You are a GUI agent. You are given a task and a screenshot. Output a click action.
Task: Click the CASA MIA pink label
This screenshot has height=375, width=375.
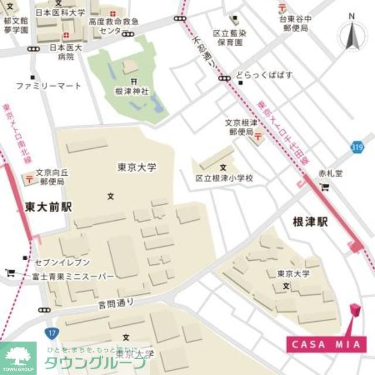coord(326,345)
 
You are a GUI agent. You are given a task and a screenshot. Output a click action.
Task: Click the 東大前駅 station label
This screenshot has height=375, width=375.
coord(48,207)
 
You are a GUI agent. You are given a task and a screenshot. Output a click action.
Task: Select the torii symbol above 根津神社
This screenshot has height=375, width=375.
coord(134,81)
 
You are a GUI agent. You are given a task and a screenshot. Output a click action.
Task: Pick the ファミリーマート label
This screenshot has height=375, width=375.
coord(48,86)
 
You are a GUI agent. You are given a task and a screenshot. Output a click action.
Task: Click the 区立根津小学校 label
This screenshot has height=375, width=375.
coord(224,177)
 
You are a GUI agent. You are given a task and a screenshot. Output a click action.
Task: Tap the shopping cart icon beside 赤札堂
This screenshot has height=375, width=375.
coord(325,187)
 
